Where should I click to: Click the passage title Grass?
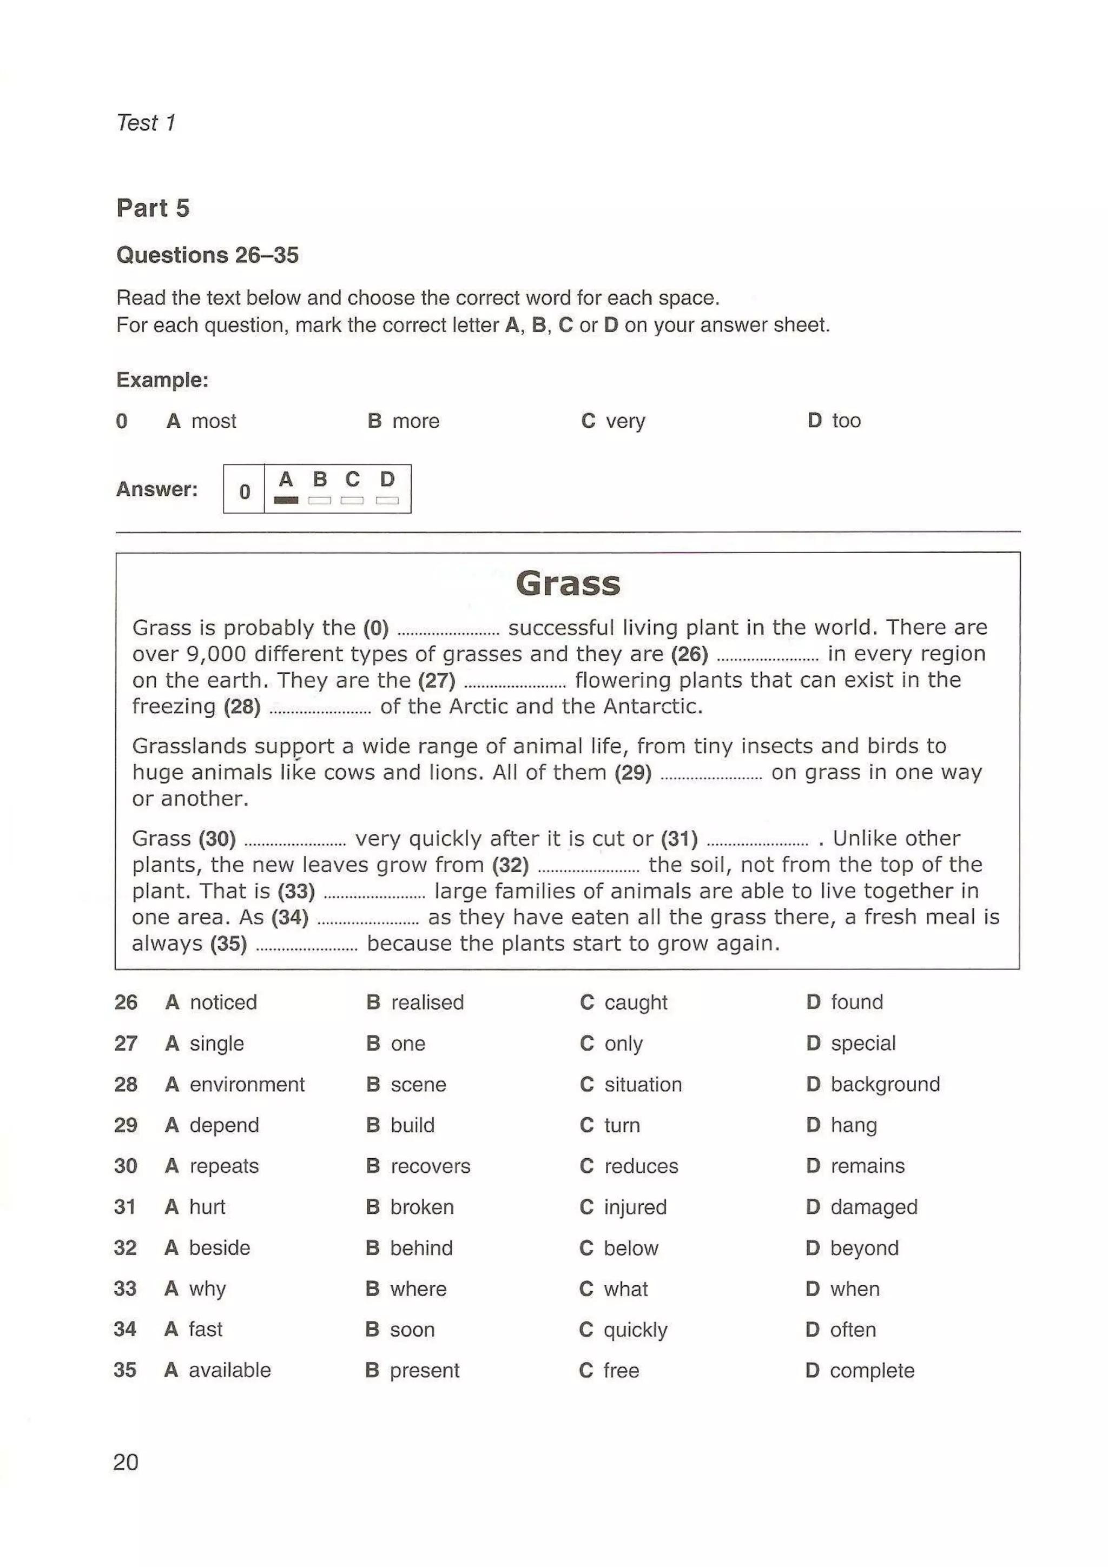pos(568,583)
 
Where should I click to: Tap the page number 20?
pos(126,1462)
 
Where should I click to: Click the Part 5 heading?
pos(153,208)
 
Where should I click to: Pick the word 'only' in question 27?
pos(623,1044)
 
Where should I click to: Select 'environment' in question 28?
pos(247,1085)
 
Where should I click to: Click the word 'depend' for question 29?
pos(224,1125)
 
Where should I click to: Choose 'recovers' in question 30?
pos(430,1166)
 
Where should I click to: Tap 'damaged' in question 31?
pos(873,1207)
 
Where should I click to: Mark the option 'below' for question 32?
pos(631,1249)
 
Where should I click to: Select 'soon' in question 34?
pos(412,1330)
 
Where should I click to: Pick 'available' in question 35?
pos(229,1370)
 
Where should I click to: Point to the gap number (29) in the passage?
pos(633,773)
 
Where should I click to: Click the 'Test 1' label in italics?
pos(146,123)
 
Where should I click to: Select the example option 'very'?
pos(625,421)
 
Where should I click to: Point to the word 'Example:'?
pos(162,380)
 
